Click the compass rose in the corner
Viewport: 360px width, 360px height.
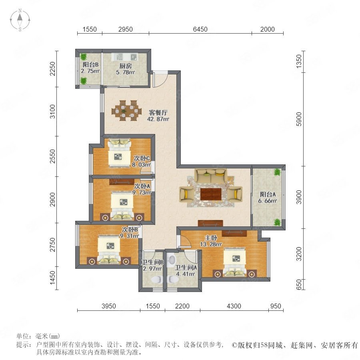(20, 20)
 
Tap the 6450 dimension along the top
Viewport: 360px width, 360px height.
(200, 29)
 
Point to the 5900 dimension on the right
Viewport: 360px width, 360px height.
(299, 119)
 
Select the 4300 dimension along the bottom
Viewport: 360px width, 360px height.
(234, 306)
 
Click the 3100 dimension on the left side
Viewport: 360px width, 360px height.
(52, 111)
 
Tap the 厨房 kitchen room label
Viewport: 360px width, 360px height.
(126, 66)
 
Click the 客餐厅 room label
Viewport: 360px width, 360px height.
(158, 113)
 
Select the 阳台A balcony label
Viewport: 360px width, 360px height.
(268, 194)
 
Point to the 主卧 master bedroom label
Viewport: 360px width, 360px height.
(211, 238)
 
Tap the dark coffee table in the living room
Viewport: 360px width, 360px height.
(211, 194)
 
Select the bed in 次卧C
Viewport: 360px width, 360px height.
(119, 153)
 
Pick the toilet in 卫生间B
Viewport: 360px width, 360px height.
(157, 280)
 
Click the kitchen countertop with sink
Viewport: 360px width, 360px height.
(124, 56)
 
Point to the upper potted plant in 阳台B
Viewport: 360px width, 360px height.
(83, 56)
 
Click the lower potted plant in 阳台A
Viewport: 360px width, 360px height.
(277, 222)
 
